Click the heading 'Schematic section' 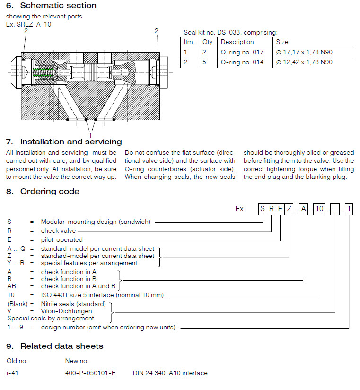coord(58,6)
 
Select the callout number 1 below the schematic coord(90,135)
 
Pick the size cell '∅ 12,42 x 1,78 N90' coord(304,62)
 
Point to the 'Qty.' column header coord(208,42)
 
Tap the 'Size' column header coord(282,42)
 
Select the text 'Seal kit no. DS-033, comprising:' coord(230,32)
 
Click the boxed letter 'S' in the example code coord(263,209)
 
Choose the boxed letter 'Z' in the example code coord(289,209)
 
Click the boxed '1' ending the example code coord(349,209)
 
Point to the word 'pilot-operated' coord(61,240)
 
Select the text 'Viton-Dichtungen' coord(66,311)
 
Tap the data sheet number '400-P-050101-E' coord(90,373)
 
